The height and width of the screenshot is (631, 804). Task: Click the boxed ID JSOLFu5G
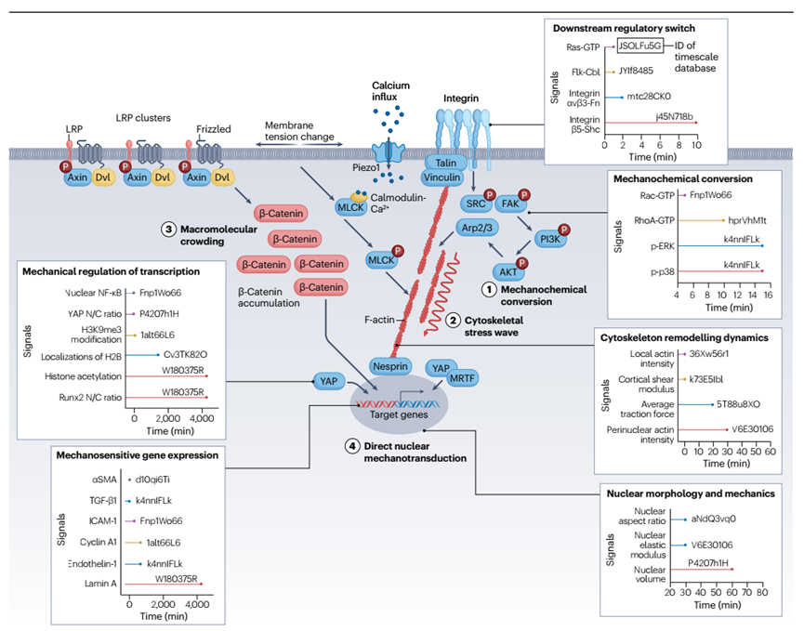641,45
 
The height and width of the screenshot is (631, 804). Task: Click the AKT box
509,272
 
